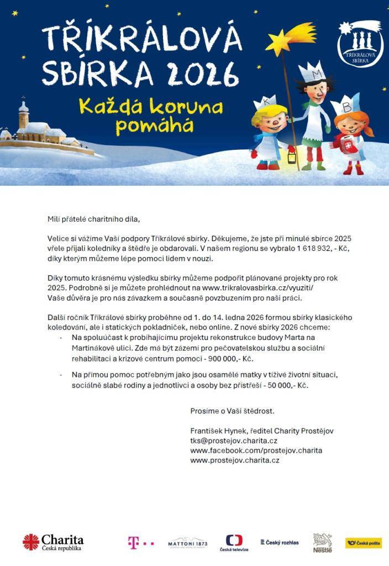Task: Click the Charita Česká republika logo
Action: click(53, 542)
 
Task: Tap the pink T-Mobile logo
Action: click(140, 543)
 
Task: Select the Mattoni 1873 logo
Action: click(187, 543)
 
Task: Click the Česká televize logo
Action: click(234, 542)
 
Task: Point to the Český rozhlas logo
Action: click(279, 542)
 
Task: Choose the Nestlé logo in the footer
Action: click(322, 543)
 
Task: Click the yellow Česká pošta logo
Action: click(364, 543)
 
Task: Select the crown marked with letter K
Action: click(264, 103)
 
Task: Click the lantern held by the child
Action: click(292, 156)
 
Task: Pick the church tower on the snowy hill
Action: click(23, 114)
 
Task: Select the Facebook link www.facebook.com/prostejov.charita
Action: click(256, 450)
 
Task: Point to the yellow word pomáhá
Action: click(149, 126)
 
